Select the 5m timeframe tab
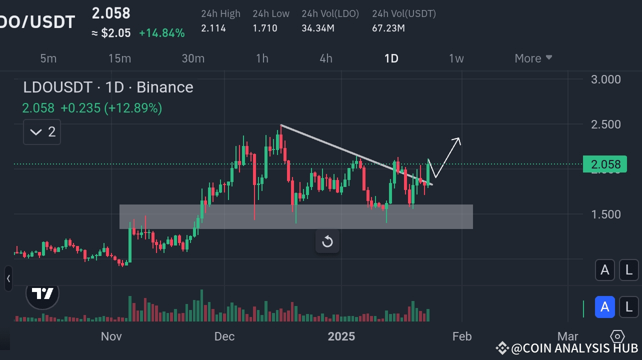coord(48,58)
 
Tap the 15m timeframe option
coord(119,58)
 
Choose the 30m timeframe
coord(193,58)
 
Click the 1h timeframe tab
coord(262,58)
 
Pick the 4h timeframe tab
coord(326,58)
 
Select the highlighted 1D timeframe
coord(391,58)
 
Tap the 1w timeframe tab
coord(456,58)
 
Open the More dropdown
coord(533,58)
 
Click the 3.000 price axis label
coord(605,79)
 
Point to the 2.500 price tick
coord(605,124)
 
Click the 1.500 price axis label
coord(605,214)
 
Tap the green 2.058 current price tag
coord(605,164)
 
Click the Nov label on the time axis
coord(111,336)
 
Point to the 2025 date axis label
coord(341,336)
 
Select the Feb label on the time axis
coord(462,336)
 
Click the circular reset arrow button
coord(327,242)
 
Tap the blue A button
coord(604,306)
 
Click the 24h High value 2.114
coord(213,28)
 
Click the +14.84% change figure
coord(161,33)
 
